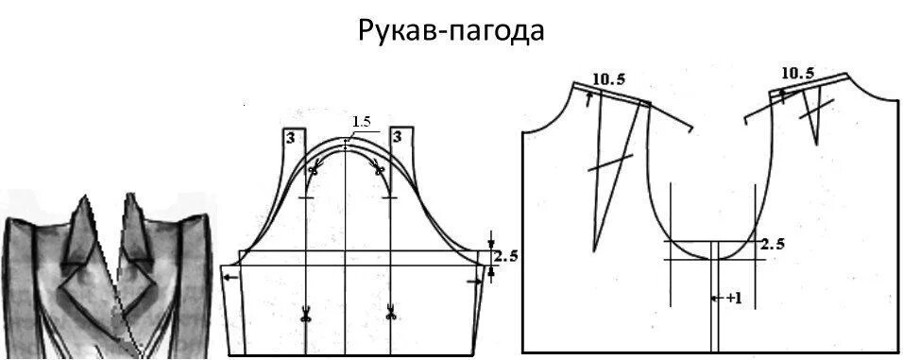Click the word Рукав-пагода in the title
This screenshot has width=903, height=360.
point(451,30)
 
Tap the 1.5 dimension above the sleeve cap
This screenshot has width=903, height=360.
point(361,122)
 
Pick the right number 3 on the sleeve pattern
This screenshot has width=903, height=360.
point(398,138)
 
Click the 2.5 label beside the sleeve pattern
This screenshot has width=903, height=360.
point(507,255)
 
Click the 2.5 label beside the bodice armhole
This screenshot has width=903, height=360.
point(774,244)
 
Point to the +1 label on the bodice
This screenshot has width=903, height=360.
point(734,298)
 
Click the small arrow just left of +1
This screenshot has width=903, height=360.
point(719,298)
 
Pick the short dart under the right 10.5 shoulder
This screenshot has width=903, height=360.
point(813,118)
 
